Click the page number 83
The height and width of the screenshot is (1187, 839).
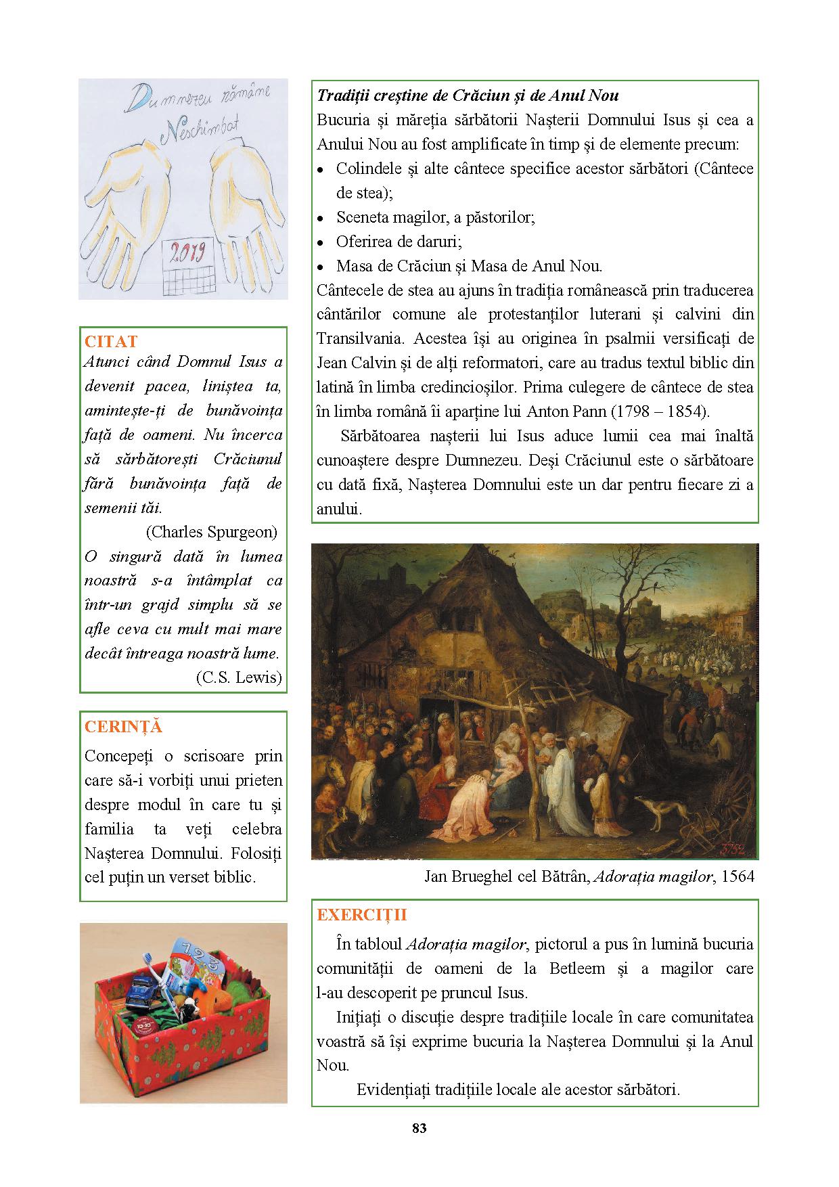419,1127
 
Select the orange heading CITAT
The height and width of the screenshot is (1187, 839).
110,341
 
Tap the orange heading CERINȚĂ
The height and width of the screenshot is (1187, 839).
123,727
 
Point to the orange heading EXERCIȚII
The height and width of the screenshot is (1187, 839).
362,915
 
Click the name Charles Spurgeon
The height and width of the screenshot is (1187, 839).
211,532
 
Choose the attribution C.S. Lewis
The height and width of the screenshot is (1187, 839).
238,677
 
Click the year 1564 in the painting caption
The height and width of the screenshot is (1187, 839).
738,876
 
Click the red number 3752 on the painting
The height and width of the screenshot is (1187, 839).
736,848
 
